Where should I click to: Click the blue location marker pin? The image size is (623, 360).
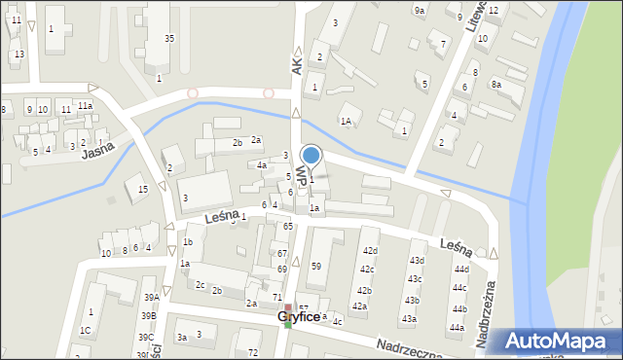311,155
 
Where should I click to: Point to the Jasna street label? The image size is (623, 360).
98,151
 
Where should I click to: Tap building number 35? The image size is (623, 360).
168,39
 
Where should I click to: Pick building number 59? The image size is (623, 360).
315,267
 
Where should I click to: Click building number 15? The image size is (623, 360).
142,190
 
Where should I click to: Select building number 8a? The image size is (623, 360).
495,85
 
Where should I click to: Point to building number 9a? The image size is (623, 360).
420,11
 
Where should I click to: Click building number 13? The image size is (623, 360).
19,54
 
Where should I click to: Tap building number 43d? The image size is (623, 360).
417,261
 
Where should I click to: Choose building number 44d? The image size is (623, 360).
461,270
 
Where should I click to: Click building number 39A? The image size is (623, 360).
150,298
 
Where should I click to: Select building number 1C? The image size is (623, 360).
85,331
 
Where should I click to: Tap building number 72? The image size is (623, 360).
253,351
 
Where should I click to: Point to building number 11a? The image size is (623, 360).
86,105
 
